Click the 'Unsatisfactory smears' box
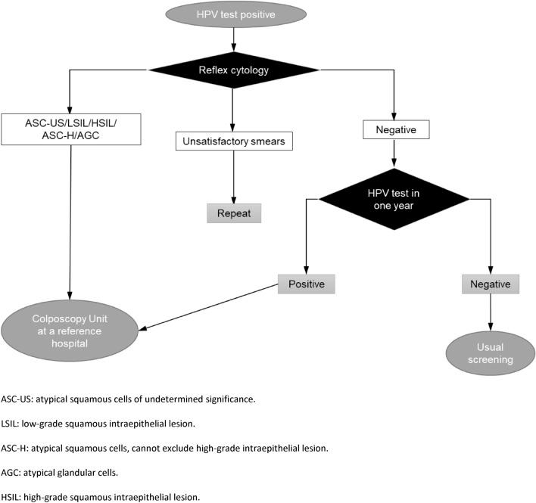pos(233,141)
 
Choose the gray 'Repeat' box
pos(233,213)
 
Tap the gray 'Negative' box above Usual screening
pos(491,284)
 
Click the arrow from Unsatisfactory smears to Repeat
pos(233,175)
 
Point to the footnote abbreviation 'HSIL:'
pos(13,497)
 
